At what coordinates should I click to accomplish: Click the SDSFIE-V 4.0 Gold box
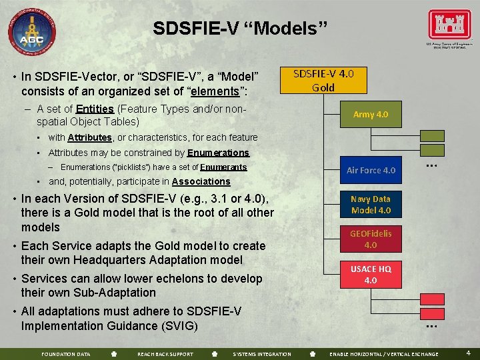tap(323, 80)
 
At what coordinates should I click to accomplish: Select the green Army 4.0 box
tap(371, 114)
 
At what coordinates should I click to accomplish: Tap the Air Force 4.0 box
tap(371, 170)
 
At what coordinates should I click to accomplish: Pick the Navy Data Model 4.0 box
tap(371, 205)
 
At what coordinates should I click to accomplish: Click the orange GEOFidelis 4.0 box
tap(371, 239)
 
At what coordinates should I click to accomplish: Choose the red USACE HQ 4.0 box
tap(371, 274)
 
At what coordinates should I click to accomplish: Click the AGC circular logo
tap(31, 31)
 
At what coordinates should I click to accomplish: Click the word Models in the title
tap(293, 29)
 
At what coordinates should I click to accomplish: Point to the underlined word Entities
tap(95, 109)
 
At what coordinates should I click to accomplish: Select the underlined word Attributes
tap(89, 137)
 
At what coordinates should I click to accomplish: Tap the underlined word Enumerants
tap(223, 167)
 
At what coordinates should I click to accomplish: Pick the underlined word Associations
tap(201, 181)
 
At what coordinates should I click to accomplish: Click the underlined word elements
tap(213, 91)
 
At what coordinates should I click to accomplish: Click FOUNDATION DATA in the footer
tap(66, 354)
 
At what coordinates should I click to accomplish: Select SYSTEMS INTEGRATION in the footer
tap(262, 354)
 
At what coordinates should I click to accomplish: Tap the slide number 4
tap(468, 353)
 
